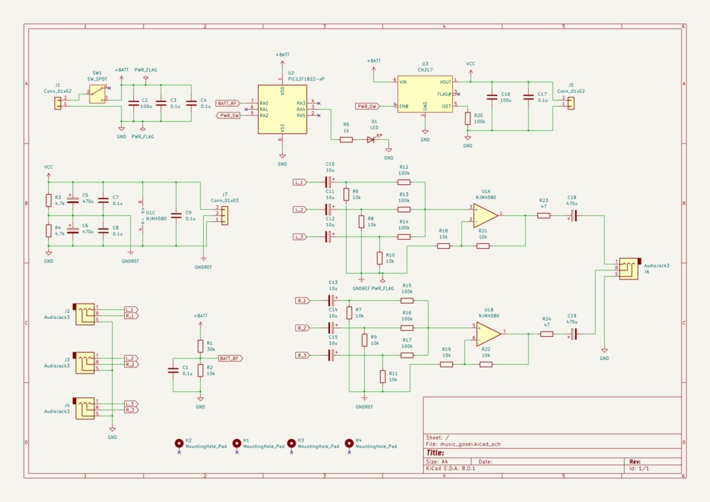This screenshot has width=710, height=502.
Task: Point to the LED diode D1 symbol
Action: (x=370, y=139)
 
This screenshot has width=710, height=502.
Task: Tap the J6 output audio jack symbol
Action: (x=630, y=268)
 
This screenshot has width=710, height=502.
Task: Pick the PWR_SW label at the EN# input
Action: (x=367, y=106)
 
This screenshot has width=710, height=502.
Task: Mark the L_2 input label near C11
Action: (x=300, y=209)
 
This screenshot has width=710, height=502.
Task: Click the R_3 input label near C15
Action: (x=302, y=355)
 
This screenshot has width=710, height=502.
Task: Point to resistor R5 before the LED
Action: (x=346, y=139)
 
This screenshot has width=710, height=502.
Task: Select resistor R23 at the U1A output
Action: (x=544, y=215)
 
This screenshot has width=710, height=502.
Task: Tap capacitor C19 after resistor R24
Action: (x=573, y=334)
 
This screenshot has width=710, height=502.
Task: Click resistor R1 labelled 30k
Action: (x=200, y=345)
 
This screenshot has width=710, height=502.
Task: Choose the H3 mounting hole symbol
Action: (x=292, y=442)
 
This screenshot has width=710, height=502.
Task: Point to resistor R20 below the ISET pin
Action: (x=468, y=118)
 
